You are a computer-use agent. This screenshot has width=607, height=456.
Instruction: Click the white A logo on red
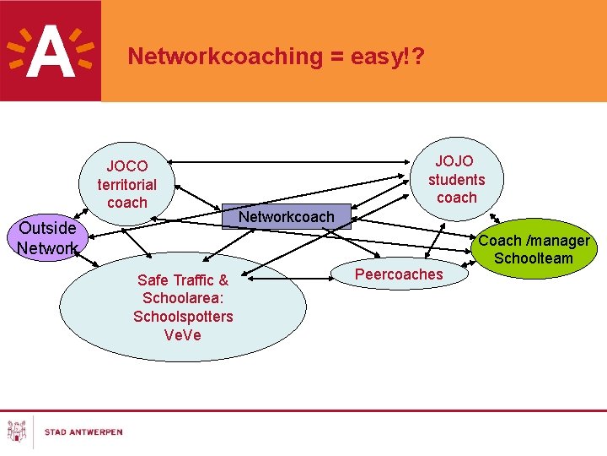pos(50,51)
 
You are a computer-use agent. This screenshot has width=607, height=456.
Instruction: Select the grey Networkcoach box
pos(287,217)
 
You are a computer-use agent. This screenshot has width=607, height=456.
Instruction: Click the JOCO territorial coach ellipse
pos(127,185)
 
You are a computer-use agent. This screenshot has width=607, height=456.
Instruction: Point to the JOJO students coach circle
pos(456,179)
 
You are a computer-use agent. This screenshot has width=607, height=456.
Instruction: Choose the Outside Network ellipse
pos(47,238)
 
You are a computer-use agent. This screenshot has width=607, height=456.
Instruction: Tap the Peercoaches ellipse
pos(399,274)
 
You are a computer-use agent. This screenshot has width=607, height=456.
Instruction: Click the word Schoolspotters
pos(183,317)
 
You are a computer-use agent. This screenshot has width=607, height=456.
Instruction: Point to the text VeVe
pos(183,335)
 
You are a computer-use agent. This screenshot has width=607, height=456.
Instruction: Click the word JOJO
pos(454,160)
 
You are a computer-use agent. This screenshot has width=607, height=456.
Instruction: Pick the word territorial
pos(127,184)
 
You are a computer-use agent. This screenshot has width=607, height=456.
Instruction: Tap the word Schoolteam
pos(534,258)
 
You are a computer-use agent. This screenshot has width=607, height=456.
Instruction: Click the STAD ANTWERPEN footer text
pos(83,432)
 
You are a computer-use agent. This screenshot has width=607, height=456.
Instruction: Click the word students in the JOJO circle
pos(456,179)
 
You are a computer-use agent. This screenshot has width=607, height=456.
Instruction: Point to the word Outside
pos(47,228)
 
